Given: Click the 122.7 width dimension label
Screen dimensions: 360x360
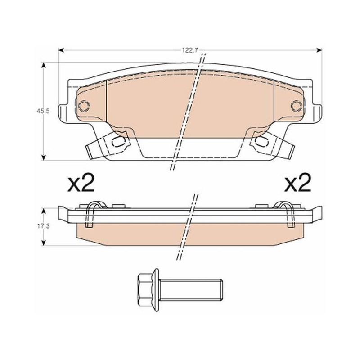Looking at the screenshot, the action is (190, 50).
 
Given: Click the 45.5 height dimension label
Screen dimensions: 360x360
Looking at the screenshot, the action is (43, 111).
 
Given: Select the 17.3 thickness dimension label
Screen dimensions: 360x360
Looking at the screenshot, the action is (43, 226).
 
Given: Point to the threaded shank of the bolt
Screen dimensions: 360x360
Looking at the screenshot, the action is (191, 290).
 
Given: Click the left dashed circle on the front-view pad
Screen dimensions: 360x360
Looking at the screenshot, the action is (84, 106).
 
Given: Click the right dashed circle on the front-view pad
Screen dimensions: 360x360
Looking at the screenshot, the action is (297, 106).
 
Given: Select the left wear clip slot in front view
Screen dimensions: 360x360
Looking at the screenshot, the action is (117, 142).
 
